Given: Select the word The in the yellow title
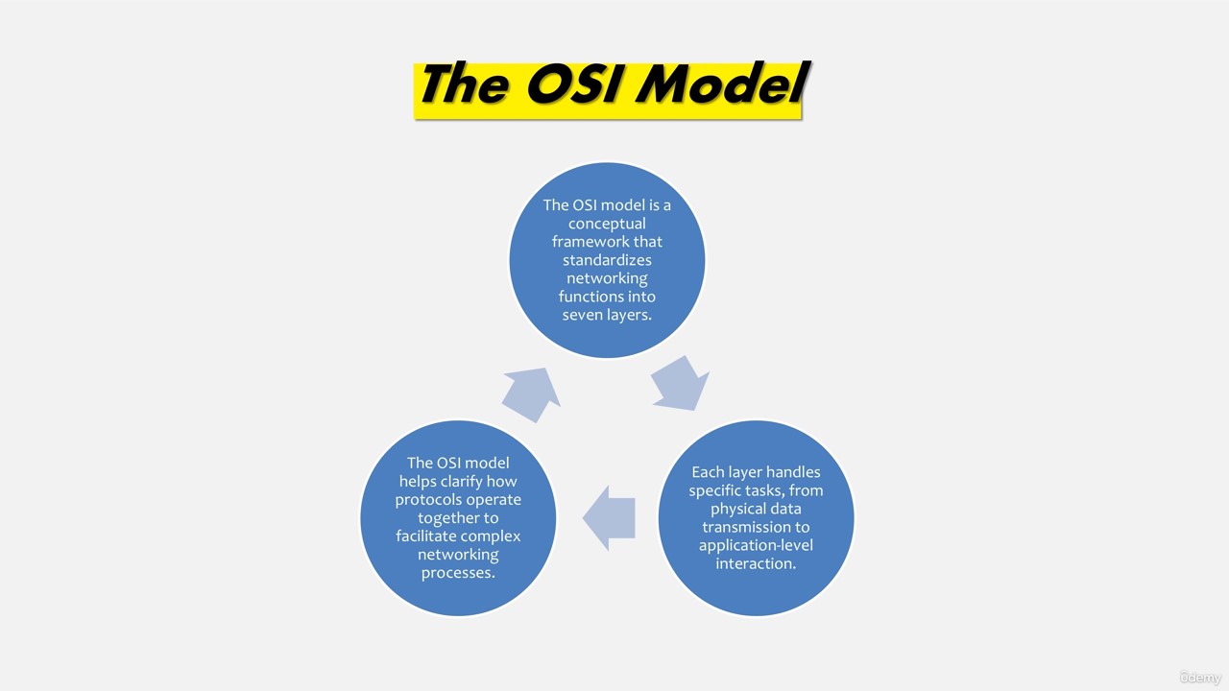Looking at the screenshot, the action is point(464,83).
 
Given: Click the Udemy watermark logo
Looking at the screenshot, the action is point(1199,678).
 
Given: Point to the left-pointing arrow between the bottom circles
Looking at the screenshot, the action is point(609,517).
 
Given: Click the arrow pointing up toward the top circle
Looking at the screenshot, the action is point(531,394).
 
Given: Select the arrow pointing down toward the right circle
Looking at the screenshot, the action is point(681,383).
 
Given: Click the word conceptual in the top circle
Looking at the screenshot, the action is point(607,224).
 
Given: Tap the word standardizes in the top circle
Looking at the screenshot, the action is point(607,260).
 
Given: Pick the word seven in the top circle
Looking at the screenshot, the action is point(582,315).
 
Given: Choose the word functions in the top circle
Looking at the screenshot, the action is point(587,297).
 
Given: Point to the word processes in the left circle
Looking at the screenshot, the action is point(458,573).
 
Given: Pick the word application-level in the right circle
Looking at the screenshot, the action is point(756,546).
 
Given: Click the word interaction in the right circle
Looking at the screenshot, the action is point(756,563).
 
